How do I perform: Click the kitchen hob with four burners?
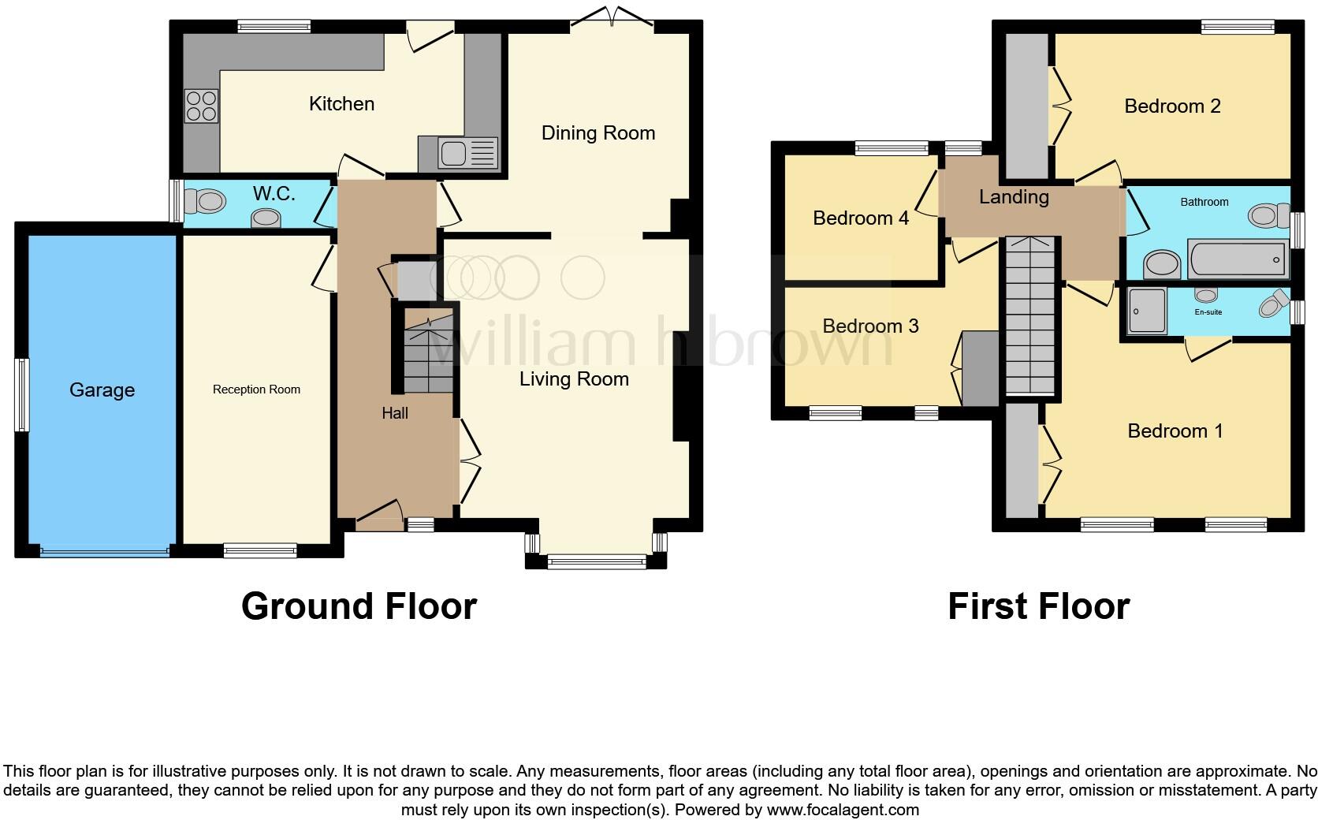tap(201, 106)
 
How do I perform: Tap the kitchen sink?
tap(458, 153)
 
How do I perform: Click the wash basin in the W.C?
tap(266, 218)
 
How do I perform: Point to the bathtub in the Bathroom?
tap(1238, 259)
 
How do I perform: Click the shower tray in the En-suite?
tap(1146, 311)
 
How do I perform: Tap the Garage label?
tap(102, 390)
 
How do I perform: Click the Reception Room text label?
tap(256, 389)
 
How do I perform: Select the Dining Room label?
tap(598, 133)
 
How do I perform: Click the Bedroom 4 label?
tap(861, 218)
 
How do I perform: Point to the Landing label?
tap(1014, 197)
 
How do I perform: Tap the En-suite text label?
tap(1208, 312)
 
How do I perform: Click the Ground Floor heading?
tap(359, 606)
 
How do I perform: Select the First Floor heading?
tap(1038, 606)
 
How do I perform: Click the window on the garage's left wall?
tap(23, 395)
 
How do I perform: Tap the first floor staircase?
tap(1029, 315)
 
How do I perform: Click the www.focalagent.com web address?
tap(843, 810)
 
